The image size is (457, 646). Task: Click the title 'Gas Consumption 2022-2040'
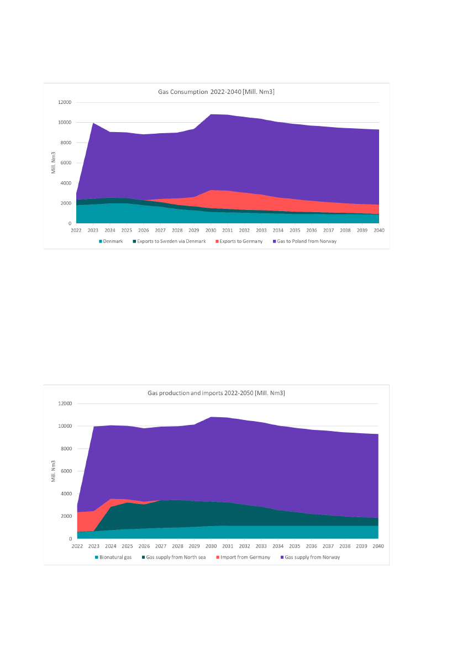[216, 92]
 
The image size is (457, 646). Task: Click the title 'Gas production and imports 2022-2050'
[216, 393]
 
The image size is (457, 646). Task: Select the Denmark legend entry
[113, 241]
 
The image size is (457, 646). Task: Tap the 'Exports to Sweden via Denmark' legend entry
[171, 241]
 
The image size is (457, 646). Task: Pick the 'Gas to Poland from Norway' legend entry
[304, 241]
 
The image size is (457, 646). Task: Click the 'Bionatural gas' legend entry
[115, 557]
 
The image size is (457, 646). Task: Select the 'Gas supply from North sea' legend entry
[176, 557]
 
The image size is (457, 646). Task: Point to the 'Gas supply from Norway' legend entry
[312, 557]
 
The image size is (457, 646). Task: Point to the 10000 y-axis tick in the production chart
[64, 426]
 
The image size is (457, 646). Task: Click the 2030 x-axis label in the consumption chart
[211, 230]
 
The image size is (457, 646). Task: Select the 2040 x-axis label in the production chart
[378, 545]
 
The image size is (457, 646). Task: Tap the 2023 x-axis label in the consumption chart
[93, 230]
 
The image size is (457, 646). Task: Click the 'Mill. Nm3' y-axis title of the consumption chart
[54, 162]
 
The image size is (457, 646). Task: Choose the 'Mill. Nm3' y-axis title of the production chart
[54, 470]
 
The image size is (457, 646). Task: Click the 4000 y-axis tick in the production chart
[66, 493]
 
